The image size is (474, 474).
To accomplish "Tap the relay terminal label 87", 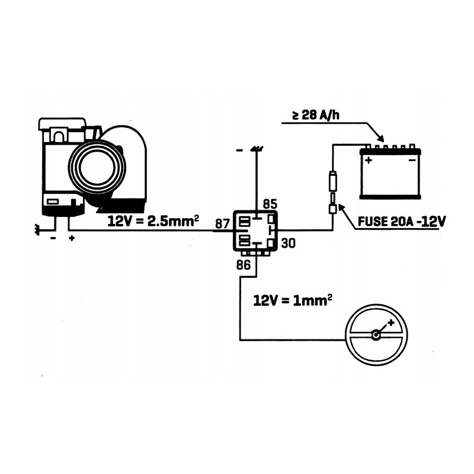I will click(x=222, y=224).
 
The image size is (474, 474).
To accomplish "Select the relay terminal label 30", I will click(x=288, y=242).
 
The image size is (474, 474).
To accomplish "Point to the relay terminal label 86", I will click(x=243, y=265).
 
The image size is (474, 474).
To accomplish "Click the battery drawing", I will click(x=389, y=173).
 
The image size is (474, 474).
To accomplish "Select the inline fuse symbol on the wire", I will click(x=333, y=193).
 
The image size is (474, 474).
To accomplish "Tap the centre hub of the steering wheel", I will click(x=376, y=335).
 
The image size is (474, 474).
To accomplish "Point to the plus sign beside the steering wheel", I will click(x=390, y=324).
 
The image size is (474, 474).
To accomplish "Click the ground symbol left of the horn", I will click(x=39, y=228).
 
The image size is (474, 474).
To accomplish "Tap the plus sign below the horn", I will click(x=72, y=239).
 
